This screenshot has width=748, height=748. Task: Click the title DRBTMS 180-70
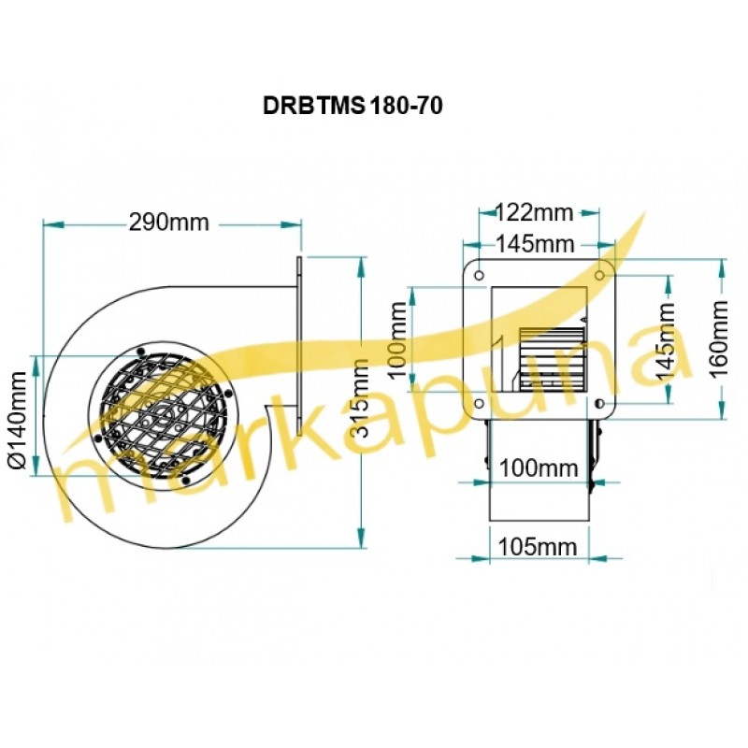tap(352, 106)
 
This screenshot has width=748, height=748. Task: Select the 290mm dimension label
tap(169, 223)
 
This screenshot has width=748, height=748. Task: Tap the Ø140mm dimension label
tap(18, 421)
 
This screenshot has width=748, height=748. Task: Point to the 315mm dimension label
tap(360, 398)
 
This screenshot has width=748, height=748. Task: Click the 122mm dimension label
tap(535, 212)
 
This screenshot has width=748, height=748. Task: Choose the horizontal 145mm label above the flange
tap(535, 244)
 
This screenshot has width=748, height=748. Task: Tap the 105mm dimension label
tap(538, 547)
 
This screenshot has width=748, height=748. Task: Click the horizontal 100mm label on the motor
tap(539, 468)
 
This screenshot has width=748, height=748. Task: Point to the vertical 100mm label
tap(398, 340)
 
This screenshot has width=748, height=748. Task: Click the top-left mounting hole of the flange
tap(480, 275)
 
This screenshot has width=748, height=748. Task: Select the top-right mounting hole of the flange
tap(600, 275)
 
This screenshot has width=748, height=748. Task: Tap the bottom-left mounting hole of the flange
tap(480, 404)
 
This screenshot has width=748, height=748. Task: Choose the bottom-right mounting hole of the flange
tap(600, 404)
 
